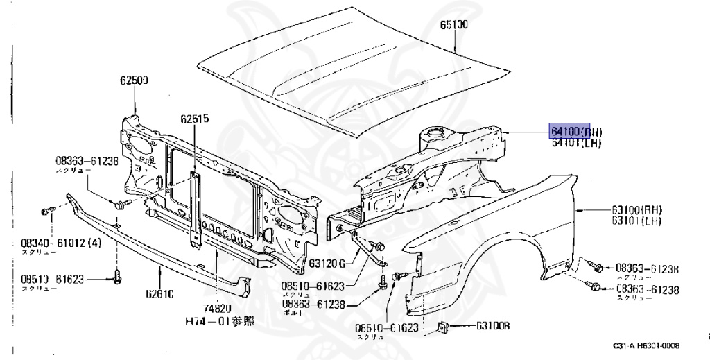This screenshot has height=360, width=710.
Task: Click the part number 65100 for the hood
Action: (454, 26)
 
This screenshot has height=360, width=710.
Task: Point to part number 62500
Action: (133, 80)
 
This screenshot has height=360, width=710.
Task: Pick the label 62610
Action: (160, 294)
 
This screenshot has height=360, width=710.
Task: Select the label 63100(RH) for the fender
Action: (637, 209)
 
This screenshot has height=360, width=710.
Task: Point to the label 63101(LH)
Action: (636, 221)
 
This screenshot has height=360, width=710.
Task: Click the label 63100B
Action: (493, 325)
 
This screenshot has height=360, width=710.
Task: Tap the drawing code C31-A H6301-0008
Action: (646, 345)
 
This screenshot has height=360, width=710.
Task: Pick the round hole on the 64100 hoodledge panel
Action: (435, 129)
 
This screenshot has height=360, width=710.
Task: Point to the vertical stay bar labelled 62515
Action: (196, 208)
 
